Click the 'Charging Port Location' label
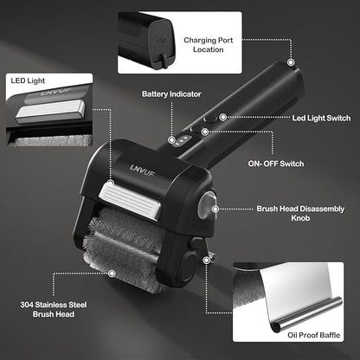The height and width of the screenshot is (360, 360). tap(209, 45)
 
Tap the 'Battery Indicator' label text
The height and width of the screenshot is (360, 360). tap(171, 94)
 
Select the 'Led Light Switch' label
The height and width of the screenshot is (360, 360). tap(321, 118)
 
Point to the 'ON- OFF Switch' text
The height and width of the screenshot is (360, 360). tap(276, 164)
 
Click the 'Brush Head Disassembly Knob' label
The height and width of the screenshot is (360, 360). tap(300, 213)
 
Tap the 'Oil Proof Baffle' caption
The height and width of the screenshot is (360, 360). tap(314, 335)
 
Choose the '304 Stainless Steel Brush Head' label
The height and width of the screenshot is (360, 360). tap(54, 309)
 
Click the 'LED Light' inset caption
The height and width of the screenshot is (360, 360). tap(28, 80)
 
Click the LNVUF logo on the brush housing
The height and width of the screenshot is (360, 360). tap(142, 170)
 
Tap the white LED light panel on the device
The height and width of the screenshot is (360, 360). tap(130, 200)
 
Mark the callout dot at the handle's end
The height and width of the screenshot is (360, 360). tap(291, 62)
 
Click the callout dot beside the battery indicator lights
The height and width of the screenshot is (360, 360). tap(171, 140)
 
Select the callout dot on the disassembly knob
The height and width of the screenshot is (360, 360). tap(215, 209)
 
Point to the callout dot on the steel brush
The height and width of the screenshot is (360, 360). tap(112, 273)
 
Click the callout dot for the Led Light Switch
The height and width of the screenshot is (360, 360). tap(222, 117)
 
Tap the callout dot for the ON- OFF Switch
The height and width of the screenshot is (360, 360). tap(205, 132)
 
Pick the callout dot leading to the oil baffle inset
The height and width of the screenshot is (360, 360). tap(206, 260)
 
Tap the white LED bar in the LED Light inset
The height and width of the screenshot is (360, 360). tap(51, 111)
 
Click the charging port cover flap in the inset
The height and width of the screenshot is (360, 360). tap(164, 61)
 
